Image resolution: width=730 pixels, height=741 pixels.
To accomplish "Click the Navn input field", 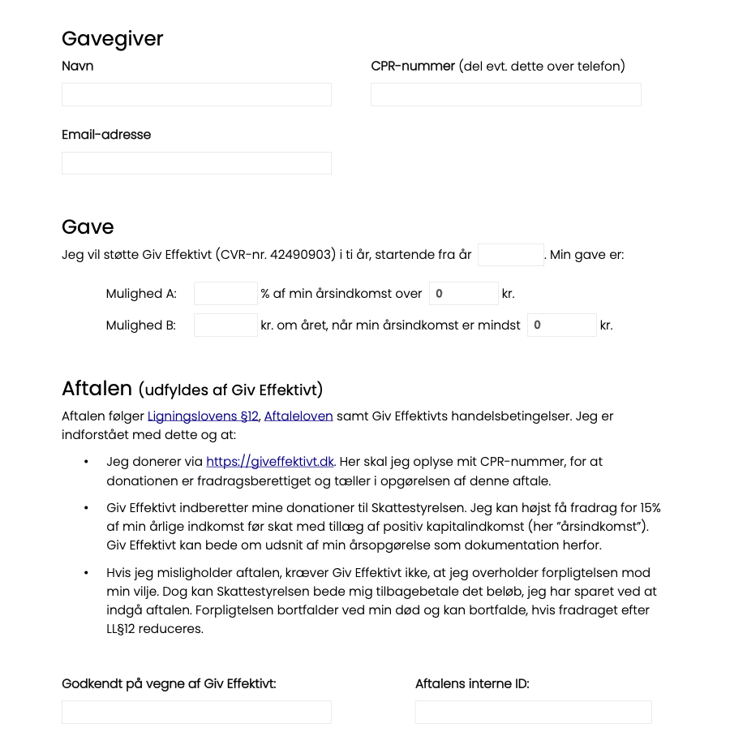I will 196,94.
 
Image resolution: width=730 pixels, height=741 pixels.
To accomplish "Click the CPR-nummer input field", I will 505,94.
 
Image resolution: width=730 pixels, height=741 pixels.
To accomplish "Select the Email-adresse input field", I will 196,163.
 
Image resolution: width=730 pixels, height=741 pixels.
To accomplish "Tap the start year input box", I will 510,255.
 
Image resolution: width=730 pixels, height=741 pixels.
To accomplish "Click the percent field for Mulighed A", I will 225,294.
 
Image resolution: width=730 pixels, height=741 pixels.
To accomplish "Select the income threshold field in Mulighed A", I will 463,294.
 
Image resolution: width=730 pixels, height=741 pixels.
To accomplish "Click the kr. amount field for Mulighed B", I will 225,325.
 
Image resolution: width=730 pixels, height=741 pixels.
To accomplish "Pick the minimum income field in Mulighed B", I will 561,325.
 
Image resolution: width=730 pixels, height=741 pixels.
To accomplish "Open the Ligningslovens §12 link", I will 203,416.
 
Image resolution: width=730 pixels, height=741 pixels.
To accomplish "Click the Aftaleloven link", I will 298,416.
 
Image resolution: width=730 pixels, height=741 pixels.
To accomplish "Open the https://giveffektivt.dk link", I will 270,462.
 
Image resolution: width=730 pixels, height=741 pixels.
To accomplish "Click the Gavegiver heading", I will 113,39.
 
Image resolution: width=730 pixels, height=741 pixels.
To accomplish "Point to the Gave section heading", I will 88,227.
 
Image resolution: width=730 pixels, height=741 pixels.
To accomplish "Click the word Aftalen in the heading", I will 97,389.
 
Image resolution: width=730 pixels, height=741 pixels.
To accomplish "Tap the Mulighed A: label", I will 141,294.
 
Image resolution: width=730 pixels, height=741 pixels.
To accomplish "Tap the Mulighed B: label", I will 141,325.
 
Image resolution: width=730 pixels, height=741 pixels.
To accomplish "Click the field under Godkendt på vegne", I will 196,712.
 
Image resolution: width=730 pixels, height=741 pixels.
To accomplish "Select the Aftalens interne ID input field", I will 533,712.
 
